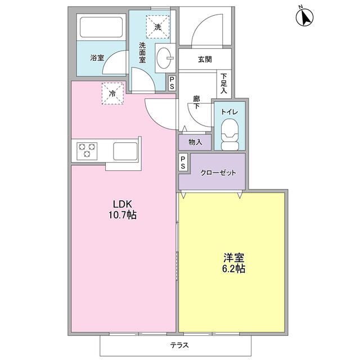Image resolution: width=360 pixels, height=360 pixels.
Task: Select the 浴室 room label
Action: (x=97, y=57)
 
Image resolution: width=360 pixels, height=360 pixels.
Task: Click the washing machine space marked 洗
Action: (x=157, y=25)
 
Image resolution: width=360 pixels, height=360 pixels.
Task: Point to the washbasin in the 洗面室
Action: (x=164, y=57)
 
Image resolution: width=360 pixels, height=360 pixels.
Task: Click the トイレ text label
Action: (x=230, y=112)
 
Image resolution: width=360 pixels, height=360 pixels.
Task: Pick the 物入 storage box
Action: (x=195, y=142)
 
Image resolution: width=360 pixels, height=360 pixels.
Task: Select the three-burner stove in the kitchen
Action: (x=88, y=151)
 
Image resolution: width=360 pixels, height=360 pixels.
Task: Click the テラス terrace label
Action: (x=179, y=345)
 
